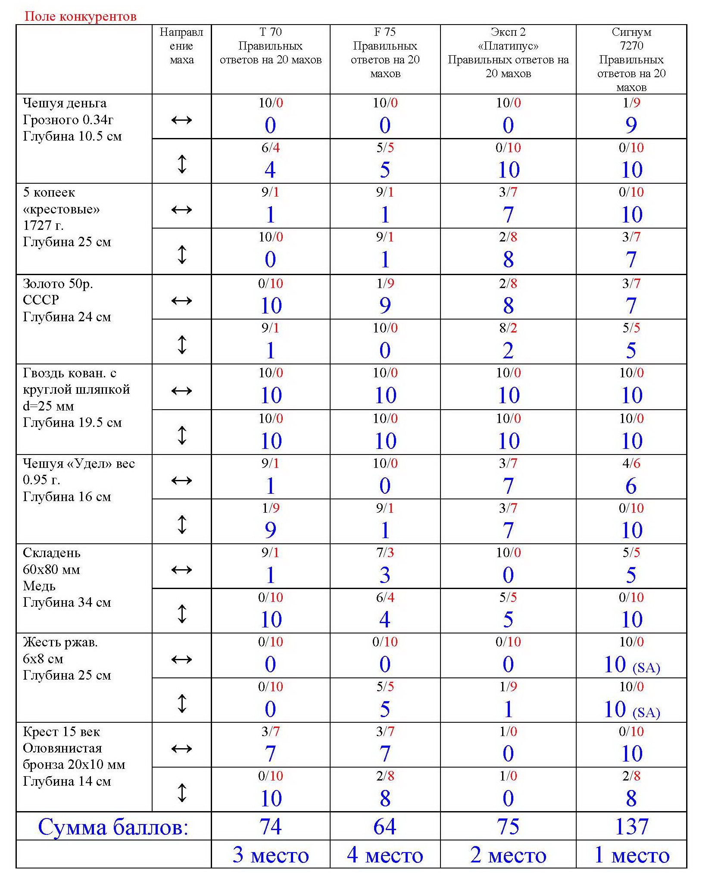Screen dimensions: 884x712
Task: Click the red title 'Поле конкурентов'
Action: coord(80,16)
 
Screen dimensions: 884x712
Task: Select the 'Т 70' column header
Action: coord(271,46)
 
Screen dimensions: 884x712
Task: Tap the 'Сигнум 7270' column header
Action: coord(631,59)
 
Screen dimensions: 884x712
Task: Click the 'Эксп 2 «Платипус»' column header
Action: coord(508,53)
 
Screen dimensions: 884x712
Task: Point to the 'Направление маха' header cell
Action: coord(181,46)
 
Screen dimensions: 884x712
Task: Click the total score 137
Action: coord(631,827)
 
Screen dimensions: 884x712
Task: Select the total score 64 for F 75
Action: coord(385,827)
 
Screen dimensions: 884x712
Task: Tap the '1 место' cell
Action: coord(631,855)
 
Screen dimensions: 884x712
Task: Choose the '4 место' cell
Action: coord(385,855)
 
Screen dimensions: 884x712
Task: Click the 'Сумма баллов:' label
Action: coord(113,827)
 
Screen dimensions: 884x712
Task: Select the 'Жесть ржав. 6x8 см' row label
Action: coord(67,658)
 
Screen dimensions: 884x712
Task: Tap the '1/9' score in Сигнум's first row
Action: coord(631,103)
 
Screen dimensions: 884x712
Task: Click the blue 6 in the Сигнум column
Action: coord(631,486)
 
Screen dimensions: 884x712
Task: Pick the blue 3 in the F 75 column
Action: coord(385,575)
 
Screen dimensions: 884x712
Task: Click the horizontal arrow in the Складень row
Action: coord(181,570)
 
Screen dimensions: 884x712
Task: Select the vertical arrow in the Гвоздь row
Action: coord(182,435)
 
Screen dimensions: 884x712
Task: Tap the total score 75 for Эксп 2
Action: coord(508,827)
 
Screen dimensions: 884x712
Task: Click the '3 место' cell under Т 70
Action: coord(271,855)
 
